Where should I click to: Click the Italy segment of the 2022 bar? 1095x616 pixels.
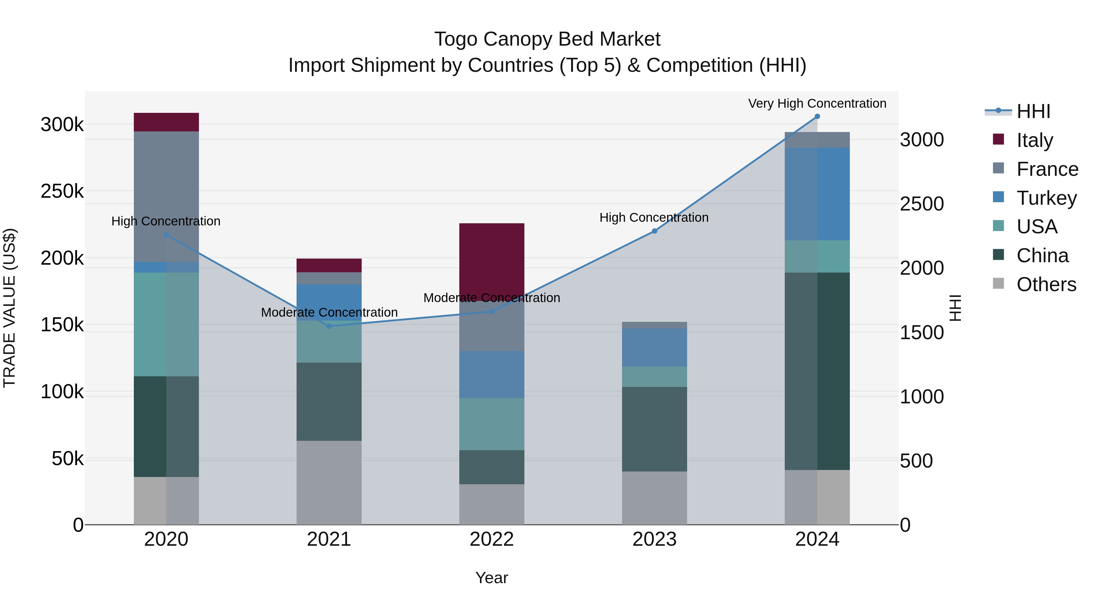click(492, 261)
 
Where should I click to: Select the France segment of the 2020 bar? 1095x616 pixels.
click(166, 197)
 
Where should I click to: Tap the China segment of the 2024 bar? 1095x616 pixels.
click(817, 371)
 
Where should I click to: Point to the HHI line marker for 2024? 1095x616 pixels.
click(817, 117)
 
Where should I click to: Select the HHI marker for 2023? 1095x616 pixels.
click(654, 231)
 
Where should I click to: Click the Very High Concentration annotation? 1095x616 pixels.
click(817, 103)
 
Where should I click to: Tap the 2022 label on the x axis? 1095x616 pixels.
click(492, 539)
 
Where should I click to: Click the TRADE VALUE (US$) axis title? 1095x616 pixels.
click(9, 308)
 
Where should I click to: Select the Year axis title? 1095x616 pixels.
click(492, 578)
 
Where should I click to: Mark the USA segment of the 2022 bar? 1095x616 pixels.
click(492, 424)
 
